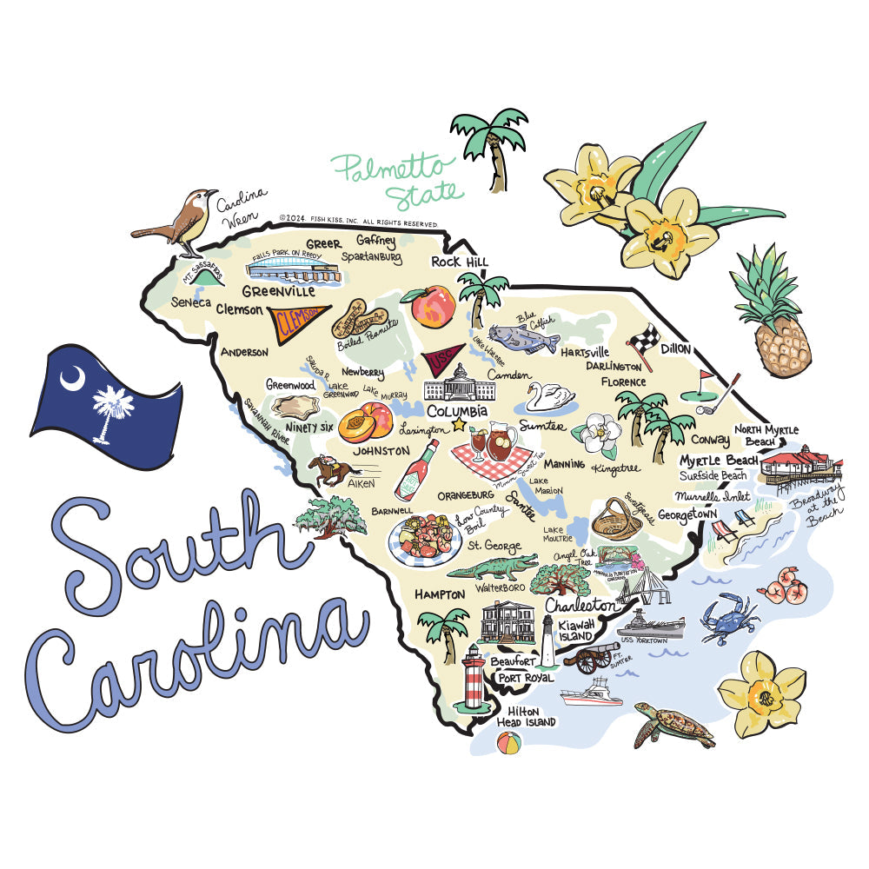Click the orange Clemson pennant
pyautogui.click(x=297, y=321)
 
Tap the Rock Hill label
pyautogui.click(x=460, y=262)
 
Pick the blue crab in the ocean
pyautogui.click(x=728, y=618)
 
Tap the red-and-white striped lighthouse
pyautogui.click(x=474, y=678)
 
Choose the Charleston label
pyautogui.click(x=580, y=605)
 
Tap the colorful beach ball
pyautogui.click(x=508, y=743)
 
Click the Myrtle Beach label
pyautogui.click(x=719, y=460)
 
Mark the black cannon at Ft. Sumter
pyautogui.click(x=592, y=656)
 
